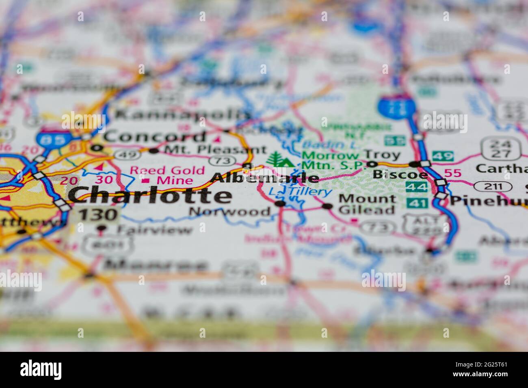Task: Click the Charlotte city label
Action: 150,196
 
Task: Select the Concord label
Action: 155,137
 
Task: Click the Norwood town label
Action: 230,211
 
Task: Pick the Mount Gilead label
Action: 367,204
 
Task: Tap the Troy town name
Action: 382,154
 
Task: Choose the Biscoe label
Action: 400,175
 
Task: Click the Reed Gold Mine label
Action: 167,175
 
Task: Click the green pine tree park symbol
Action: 280,159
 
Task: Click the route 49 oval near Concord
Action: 121,154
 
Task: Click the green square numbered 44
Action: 416,187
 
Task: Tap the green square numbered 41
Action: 416,203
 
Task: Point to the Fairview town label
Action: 155,230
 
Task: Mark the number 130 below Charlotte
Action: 98,215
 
